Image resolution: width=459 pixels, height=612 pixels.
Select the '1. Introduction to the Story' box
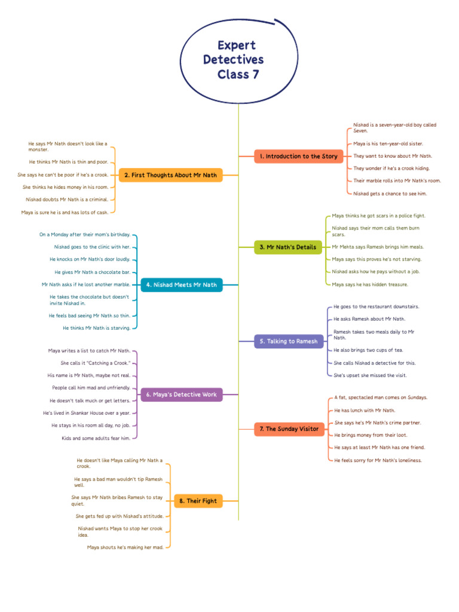299,156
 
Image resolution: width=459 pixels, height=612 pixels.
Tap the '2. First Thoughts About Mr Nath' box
170,175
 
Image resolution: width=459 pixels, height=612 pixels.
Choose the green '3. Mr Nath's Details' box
288,247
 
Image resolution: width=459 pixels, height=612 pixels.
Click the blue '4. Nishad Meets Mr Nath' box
182,285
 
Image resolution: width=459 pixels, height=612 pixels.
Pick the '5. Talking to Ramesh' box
289,341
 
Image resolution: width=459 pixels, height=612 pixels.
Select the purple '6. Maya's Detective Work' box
182,394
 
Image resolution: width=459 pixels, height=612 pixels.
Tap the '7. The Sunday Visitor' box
289,429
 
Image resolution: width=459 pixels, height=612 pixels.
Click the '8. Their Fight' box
198,501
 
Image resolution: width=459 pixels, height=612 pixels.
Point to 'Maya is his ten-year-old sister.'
388,143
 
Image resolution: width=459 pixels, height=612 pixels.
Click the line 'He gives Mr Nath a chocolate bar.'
93,272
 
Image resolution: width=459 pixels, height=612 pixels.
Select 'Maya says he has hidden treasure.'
369,284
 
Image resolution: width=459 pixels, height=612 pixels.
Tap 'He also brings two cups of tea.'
368,350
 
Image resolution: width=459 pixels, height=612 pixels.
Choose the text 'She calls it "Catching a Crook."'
96,363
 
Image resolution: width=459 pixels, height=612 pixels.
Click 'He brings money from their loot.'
371,435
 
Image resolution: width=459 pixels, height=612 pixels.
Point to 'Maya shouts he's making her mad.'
126,547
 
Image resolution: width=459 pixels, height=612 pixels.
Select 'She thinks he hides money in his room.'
66,187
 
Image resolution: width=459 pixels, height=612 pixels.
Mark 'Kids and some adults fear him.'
96,438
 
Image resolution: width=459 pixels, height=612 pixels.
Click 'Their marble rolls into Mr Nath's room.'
397,180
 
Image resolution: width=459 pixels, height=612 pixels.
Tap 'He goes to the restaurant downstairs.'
377,307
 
